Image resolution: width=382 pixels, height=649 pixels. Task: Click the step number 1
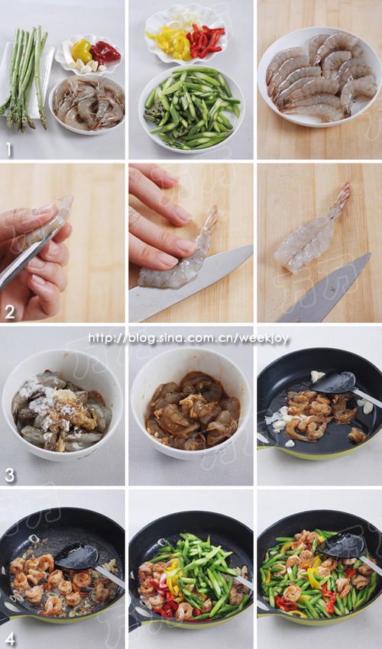point(8,149)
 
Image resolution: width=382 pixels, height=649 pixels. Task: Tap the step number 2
point(10,312)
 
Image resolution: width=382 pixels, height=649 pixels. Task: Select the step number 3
point(10,475)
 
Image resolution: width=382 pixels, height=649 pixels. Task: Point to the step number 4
point(10,639)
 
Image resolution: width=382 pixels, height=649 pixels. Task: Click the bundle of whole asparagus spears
point(26,76)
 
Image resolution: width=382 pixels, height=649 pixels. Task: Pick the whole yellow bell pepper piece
point(81,50)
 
